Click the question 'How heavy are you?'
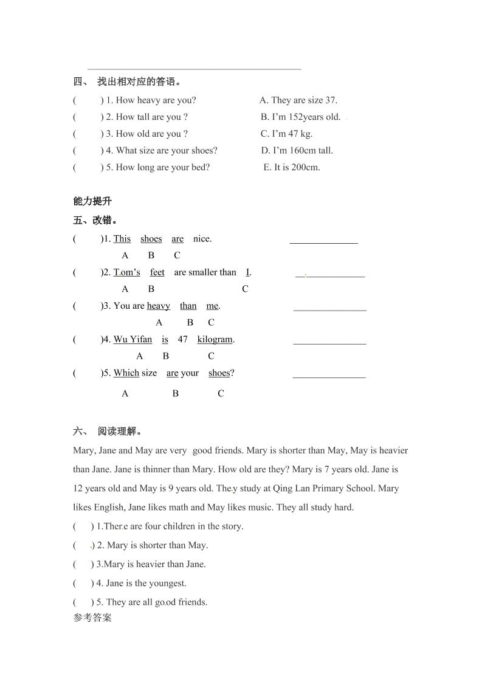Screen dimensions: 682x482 pos(156,100)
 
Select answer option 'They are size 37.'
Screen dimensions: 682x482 pos(298,100)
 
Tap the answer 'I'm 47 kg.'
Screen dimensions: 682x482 pos(286,134)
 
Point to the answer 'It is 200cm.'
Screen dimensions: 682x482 pos(292,167)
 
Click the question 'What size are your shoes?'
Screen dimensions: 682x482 pos(166,151)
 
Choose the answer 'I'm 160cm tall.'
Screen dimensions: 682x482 pos(297,151)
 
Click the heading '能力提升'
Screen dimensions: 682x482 pos(92,202)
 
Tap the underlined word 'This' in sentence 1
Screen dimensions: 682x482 pos(122,239)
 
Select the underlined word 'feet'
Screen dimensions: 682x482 pos(157,272)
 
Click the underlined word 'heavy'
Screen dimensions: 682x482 pos(159,306)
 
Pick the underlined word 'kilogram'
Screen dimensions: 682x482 pos(215,339)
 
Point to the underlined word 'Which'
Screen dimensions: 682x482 pos(126,373)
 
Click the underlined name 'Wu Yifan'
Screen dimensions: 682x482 pos(133,339)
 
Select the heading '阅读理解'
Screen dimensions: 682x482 pos(119,432)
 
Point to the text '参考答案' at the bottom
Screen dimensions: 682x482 pos(92,619)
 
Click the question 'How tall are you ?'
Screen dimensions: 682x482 pos(151,117)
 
